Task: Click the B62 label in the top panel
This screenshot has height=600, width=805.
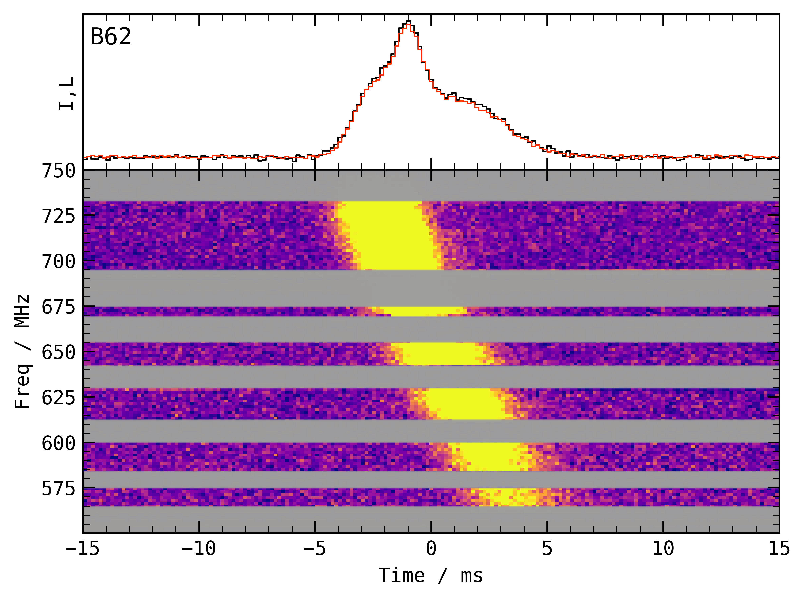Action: coord(111,37)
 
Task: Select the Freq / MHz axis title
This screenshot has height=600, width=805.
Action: coord(22,352)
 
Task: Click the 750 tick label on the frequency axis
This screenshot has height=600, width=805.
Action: coord(59,171)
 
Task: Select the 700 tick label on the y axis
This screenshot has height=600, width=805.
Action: coord(59,262)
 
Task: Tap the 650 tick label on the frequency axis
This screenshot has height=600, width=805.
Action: coord(59,352)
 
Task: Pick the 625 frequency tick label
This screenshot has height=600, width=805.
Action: coord(59,398)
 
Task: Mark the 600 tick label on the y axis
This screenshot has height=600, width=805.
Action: coord(59,443)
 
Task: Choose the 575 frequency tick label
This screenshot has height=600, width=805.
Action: coord(59,488)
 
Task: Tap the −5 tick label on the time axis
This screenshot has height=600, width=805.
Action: coord(315,548)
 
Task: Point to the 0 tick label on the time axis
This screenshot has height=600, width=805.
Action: coord(431,548)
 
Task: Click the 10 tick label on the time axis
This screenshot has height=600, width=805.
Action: coord(663,548)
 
